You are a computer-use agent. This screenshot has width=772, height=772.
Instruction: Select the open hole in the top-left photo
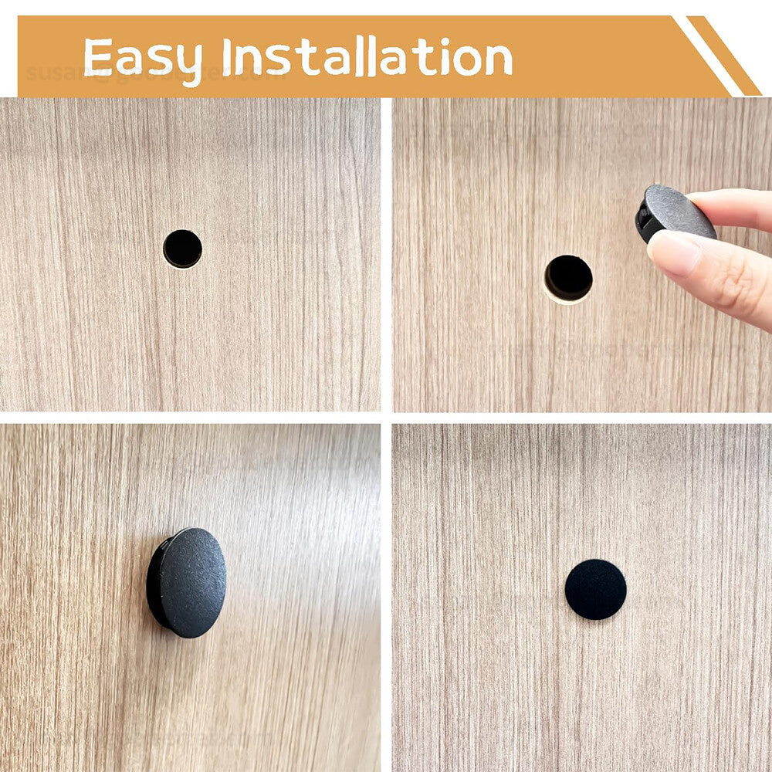183,249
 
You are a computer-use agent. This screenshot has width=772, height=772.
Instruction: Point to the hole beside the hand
568,277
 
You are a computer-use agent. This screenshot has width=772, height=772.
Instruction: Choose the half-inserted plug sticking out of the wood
188,583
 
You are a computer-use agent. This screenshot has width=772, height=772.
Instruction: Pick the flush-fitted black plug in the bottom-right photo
595,589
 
